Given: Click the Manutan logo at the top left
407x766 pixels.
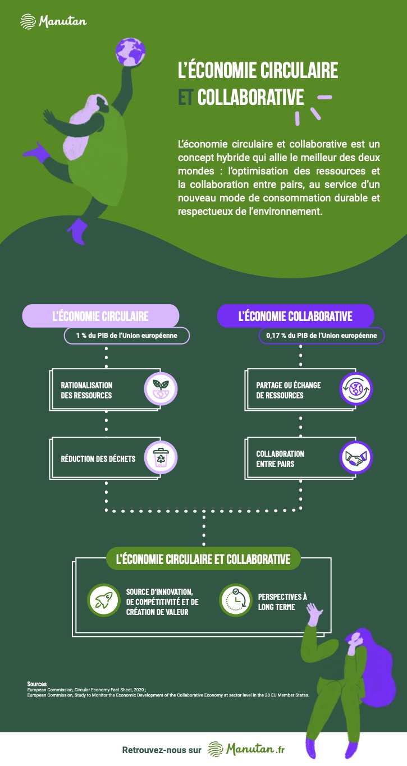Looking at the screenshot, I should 54,21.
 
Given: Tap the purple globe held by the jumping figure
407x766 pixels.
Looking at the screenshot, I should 130,52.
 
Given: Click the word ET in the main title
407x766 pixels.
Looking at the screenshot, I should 185,97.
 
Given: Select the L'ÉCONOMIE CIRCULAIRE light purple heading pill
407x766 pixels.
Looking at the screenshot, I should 100,316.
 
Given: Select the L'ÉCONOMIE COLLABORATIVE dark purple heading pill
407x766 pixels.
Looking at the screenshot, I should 295,316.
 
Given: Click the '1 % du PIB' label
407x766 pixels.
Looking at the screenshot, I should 126,336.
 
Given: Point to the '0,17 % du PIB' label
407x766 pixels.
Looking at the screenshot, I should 322,336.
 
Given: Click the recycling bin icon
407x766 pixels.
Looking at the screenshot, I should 161,457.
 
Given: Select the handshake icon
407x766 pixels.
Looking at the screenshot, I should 356,457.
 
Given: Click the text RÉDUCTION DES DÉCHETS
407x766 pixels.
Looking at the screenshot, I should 98,458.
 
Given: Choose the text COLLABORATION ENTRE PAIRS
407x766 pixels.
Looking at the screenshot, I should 280,458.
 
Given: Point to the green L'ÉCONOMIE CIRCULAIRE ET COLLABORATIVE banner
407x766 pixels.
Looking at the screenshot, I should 203,559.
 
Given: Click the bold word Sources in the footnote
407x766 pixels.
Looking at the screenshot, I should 37,684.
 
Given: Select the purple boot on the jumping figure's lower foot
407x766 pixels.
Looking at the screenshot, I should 79,230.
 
